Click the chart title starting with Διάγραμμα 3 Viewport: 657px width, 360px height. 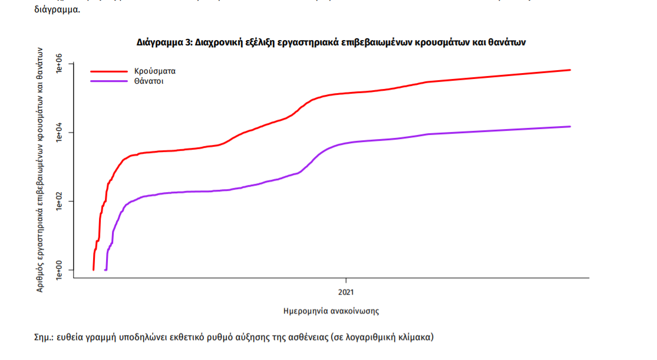coord(331,42)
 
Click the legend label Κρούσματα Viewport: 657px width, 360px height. coord(155,71)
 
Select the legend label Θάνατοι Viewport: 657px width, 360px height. coord(149,81)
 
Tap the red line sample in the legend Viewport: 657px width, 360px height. coord(108,71)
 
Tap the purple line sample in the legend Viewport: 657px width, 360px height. coord(108,81)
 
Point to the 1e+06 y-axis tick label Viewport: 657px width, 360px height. coord(60,64)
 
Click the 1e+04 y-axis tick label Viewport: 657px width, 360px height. coord(60,133)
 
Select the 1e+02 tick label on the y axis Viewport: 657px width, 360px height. coord(60,201)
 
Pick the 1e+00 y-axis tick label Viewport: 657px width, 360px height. coord(60,270)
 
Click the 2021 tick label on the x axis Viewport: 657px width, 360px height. coord(346,292)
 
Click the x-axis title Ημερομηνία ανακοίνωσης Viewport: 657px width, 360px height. coord(331,310)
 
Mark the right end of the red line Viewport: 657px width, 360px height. coord(570,70)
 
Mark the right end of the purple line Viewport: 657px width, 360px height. coord(570,127)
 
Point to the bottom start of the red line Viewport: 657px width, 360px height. coord(94,269)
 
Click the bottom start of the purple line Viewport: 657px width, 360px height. coord(105,269)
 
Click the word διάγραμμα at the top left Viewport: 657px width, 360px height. coord(58,10)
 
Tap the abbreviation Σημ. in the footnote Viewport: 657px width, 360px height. coord(44,338)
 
